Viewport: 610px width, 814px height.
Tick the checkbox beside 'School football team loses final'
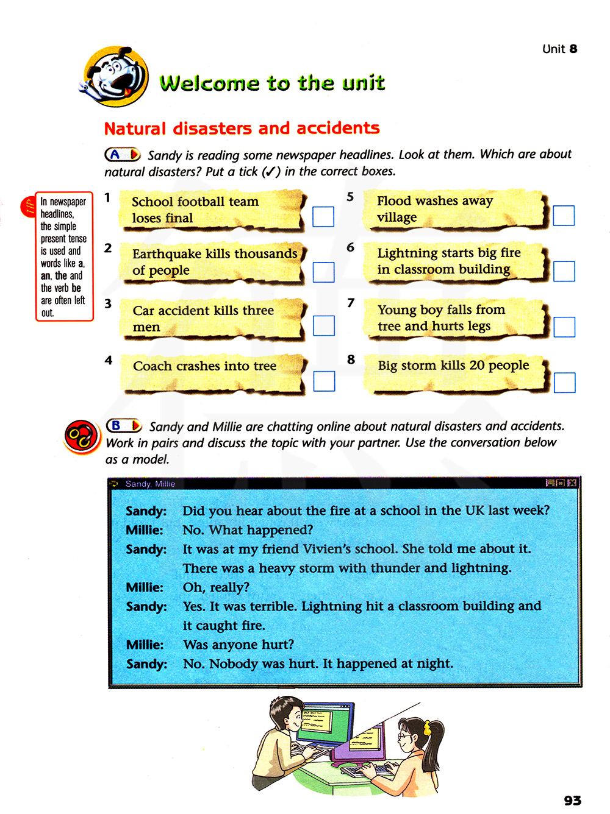pyautogui.click(x=323, y=216)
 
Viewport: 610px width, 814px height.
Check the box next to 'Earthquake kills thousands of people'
pyautogui.click(x=324, y=272)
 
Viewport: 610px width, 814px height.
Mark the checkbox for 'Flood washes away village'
pyautogui.click(x=564, y=216)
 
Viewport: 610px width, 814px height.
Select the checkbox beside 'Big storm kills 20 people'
pyautogui.click(x=565, y=383)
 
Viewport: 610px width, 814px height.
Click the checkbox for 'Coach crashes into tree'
pyautogui.click(x=324, y=381)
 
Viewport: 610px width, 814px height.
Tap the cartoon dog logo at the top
pyautogui.click(x=116, y=77)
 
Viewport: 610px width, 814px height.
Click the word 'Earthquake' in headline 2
pyautogui.click(x=162, y=253)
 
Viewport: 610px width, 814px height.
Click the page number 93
pyautogui.click(x=572, y=800)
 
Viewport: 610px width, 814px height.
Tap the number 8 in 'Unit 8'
pyautogui.click(x=573, y=49)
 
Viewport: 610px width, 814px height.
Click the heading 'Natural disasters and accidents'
pyautogui.click(x=242, y=129)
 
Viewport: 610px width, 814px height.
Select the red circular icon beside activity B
pyautogui.click(x=81, y=436)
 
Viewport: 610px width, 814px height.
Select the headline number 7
pyautogui.click(x=351, y=303)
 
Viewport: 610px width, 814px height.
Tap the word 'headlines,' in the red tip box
pyautogui.click(x=57, y=214)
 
